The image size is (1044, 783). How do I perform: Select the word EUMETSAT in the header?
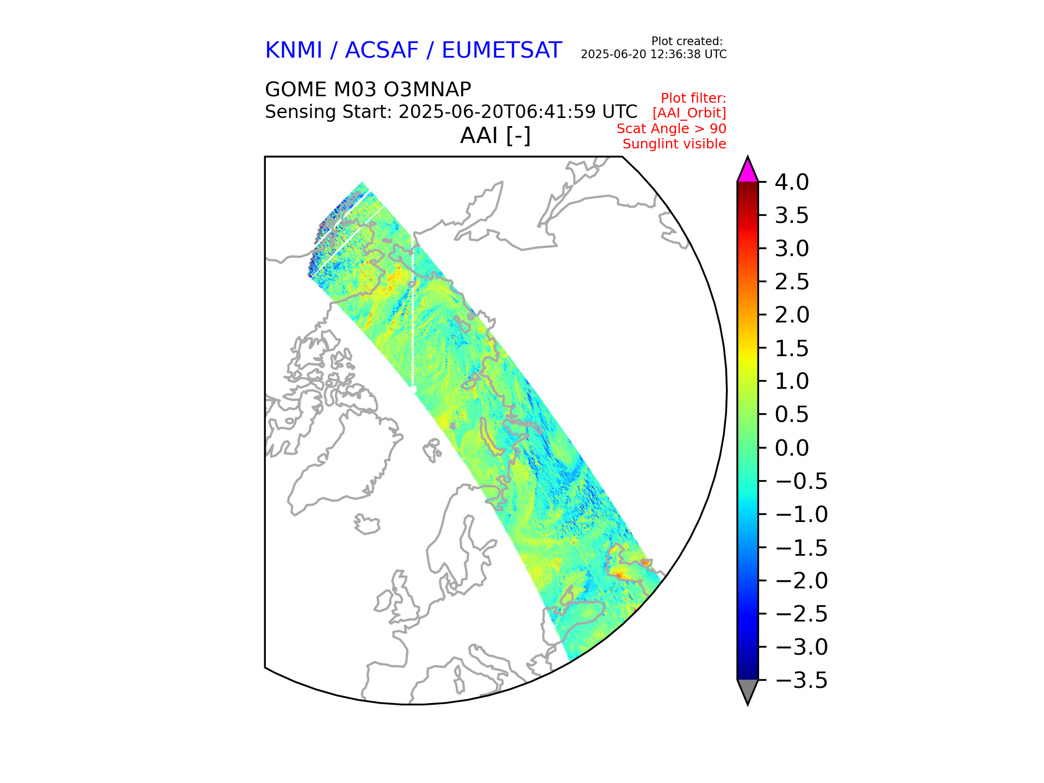(501, 51)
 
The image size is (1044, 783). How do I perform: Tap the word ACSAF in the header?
(382, 51)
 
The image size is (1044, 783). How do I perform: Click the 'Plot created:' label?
(687, 41)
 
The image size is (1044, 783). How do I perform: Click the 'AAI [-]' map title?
(495, 135)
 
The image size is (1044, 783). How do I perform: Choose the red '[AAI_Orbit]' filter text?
(689, 113)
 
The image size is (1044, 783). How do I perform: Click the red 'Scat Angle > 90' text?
(671, 129)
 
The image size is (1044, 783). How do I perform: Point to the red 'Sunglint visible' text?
(674, 144)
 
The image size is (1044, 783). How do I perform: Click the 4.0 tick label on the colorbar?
(792, 182)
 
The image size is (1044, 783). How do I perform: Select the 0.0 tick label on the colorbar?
(792, 448)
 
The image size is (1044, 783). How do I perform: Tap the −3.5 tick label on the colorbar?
(801, 680)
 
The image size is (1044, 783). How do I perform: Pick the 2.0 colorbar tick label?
(792, 315)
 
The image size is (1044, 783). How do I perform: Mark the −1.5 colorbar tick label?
(801, 548)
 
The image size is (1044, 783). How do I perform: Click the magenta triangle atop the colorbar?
(748, 171)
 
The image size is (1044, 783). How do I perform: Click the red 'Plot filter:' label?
(693, 98)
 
